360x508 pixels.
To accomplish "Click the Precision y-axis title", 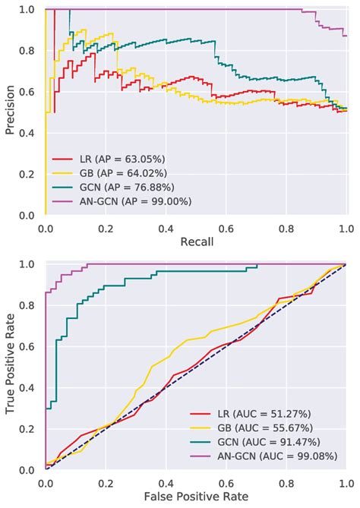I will pyautogui.click(x=11, y=112).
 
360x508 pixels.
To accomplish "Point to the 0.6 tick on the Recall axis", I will pyautogui.click(x=226, y=227).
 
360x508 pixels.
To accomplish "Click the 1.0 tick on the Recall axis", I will pyautogui.click(x=346, y=227).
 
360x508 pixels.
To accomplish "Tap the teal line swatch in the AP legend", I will pyautogui.click(x=63, y=188).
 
